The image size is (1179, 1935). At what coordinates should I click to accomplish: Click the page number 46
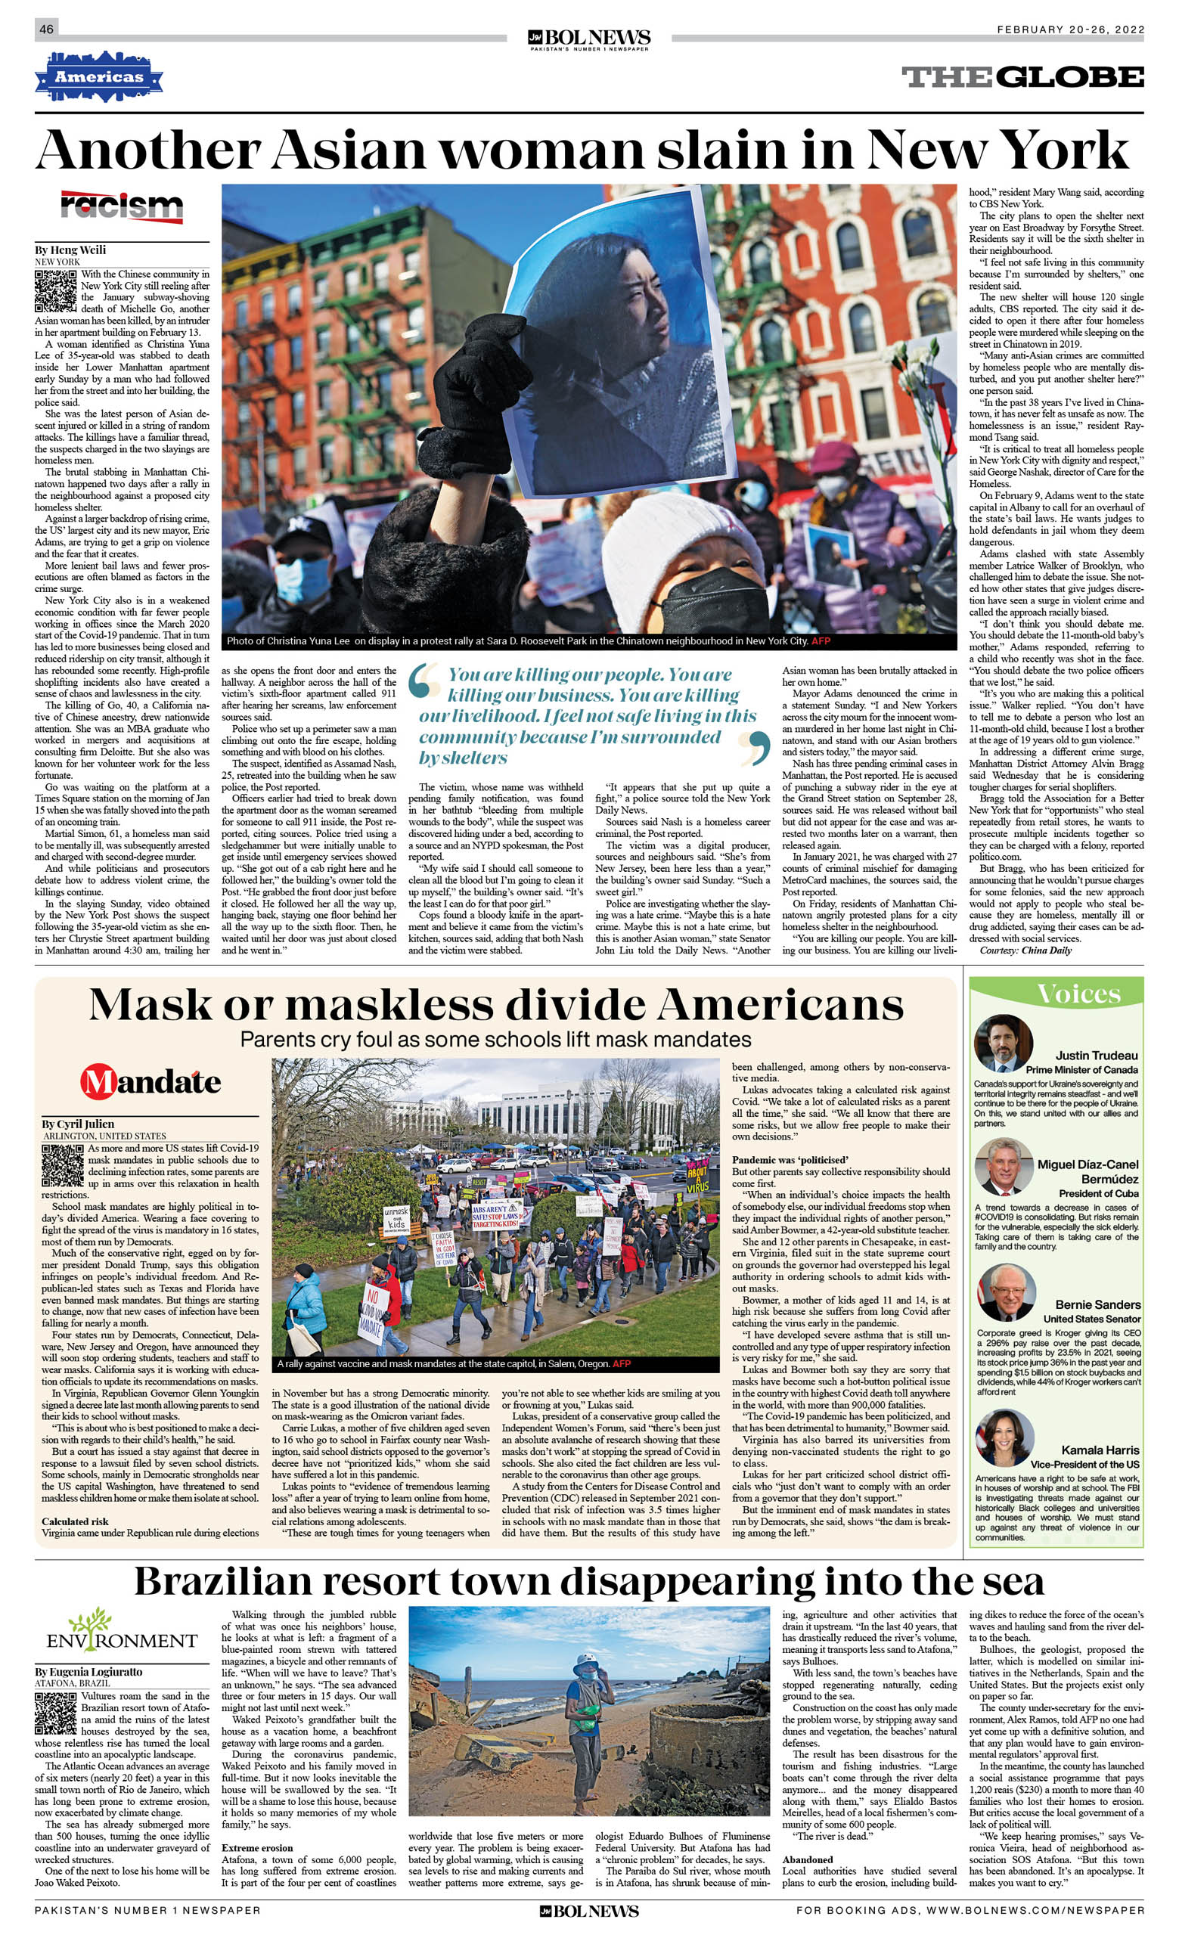coord(46,29)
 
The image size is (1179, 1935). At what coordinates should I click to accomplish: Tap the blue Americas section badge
coord(99,77)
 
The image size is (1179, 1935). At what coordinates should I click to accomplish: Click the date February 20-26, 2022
coord(1070,29)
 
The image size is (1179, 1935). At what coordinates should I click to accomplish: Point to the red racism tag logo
coord(122,207)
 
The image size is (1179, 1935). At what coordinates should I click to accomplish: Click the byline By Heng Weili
coord(70,250)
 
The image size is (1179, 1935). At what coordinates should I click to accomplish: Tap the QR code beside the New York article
coord(55,291)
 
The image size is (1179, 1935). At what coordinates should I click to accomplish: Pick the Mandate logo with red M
coord(150,1081)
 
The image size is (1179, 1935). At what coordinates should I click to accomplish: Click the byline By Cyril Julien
coord(78,1124)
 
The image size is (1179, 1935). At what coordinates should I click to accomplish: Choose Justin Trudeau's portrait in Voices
coord(1003,1043)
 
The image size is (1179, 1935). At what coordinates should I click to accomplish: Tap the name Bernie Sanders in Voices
coord(1097,1304)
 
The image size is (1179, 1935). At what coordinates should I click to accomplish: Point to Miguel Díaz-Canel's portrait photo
coord(1004,1165)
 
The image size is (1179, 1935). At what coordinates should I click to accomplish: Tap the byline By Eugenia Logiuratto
coord(88,1672)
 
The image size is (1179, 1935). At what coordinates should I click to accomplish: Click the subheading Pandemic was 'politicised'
coord(790,1160)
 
